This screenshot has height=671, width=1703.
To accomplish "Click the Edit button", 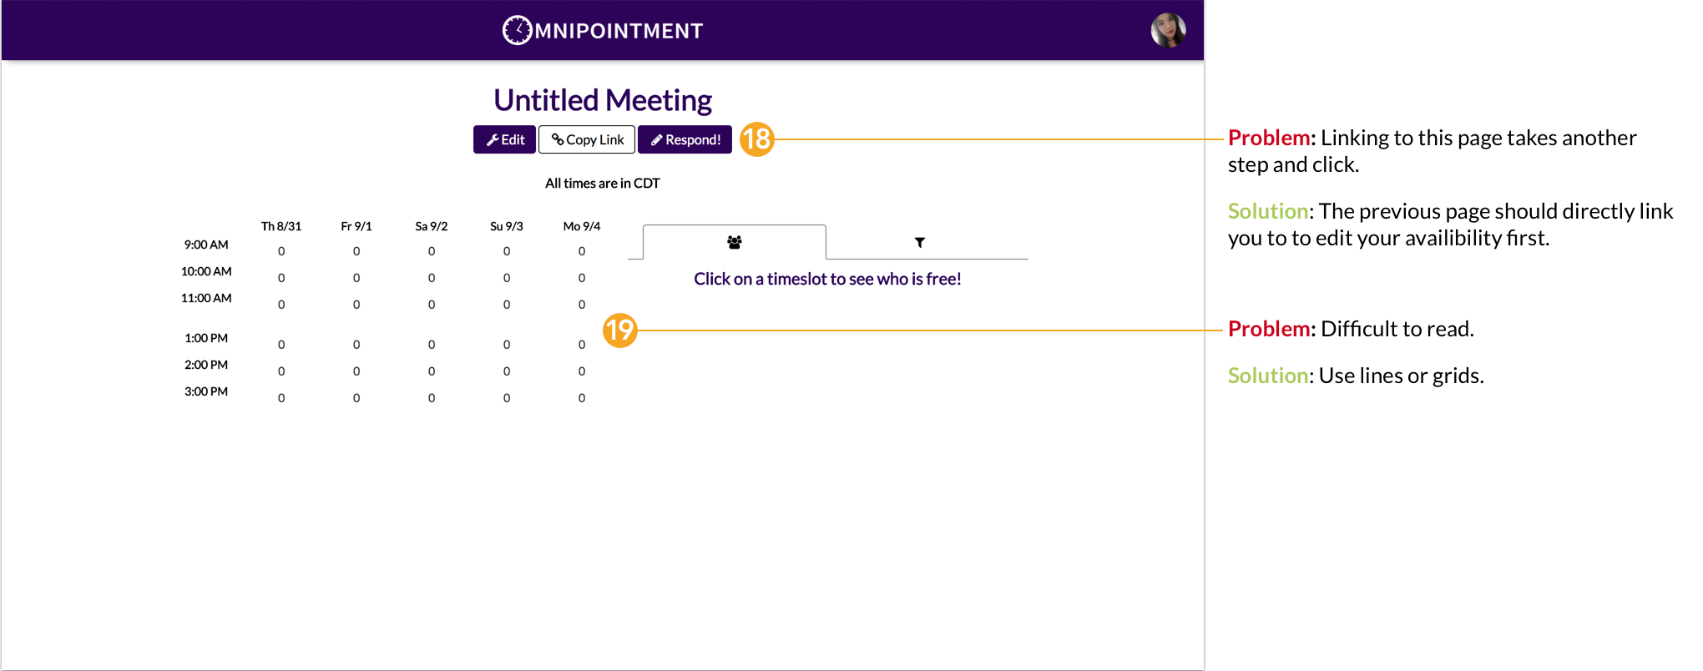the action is pyautogui.click(x=504, y=139).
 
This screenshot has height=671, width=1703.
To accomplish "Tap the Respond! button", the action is pyautogui.click(x=685, y=139).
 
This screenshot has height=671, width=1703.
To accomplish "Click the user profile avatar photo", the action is pyautogui.click(x=1168, y=30).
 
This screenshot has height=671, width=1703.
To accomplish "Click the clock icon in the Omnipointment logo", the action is pyautogui.click(x=517, y=30).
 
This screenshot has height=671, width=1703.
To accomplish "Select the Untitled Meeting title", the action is pyautogui.click(x=603, y=100).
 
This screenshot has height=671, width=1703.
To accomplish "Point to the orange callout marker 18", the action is pyautogui.click(x=757, y=139).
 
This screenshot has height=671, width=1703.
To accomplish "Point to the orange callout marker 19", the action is pyautogui.click(x=620, y=330).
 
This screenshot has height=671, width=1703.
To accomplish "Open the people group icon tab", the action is pyautogui.click(x=735, y=242).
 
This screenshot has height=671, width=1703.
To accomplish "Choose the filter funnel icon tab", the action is pyautogui.click(x=920, y=242).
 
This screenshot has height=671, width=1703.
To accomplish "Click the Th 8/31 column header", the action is pyautogui.click(x=281, y=226).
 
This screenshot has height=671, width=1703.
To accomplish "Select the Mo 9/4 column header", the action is pyautogui.click(x=582, y=226).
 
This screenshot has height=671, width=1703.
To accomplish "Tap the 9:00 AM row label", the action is pyautogui.click(x=206, y=245).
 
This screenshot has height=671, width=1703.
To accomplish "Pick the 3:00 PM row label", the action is pyautogui.click(x=206, y=391).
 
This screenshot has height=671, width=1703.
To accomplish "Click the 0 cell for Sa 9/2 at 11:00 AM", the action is pyautogui.click(x=432, y=305).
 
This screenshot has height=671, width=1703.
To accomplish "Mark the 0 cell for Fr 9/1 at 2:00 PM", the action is pyautogui.click(x=356, y=371).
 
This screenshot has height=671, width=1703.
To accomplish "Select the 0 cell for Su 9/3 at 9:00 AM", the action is pyautogui.click(x=507, y=251).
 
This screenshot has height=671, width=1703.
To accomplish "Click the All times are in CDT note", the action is pyautogui.click(x=603, y=183).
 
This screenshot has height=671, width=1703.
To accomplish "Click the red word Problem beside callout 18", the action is pyautogui.click(x=1269, y=138).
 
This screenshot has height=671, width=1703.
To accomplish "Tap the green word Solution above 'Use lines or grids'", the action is pyautogui.click(x=1268, y=376).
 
